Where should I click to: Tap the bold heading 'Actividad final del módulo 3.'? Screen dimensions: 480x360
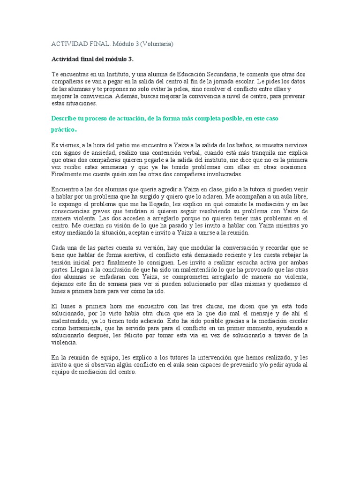[89, 60]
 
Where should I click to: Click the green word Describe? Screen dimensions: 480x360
[64, 119]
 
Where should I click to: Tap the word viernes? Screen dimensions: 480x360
[70, 145]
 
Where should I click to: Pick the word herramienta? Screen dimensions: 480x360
[81, 328]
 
